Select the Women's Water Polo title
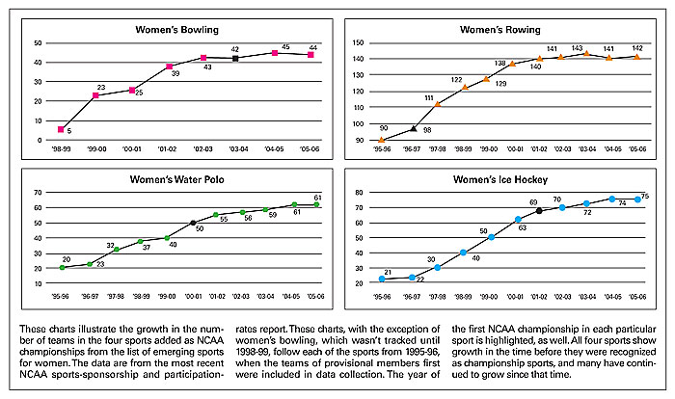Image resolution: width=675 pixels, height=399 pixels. [x=173, y=178]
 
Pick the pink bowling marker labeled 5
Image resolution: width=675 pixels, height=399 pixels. [x=62, y=129]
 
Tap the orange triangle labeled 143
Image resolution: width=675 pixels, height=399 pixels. [x=585, y=53]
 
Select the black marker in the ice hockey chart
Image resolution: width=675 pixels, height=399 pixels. [x=539, y=210]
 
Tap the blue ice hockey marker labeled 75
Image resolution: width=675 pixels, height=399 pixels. [x=637, y=199]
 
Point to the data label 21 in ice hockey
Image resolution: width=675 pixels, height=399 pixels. [x=388, y=272]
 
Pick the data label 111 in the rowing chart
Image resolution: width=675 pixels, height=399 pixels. [x=429, y=97]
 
